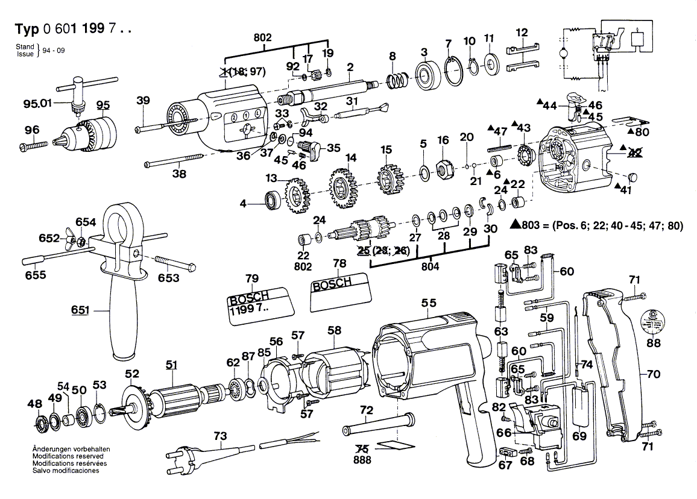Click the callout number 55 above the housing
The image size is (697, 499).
click(429, 304)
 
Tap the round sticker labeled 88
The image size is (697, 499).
click(652, 320)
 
